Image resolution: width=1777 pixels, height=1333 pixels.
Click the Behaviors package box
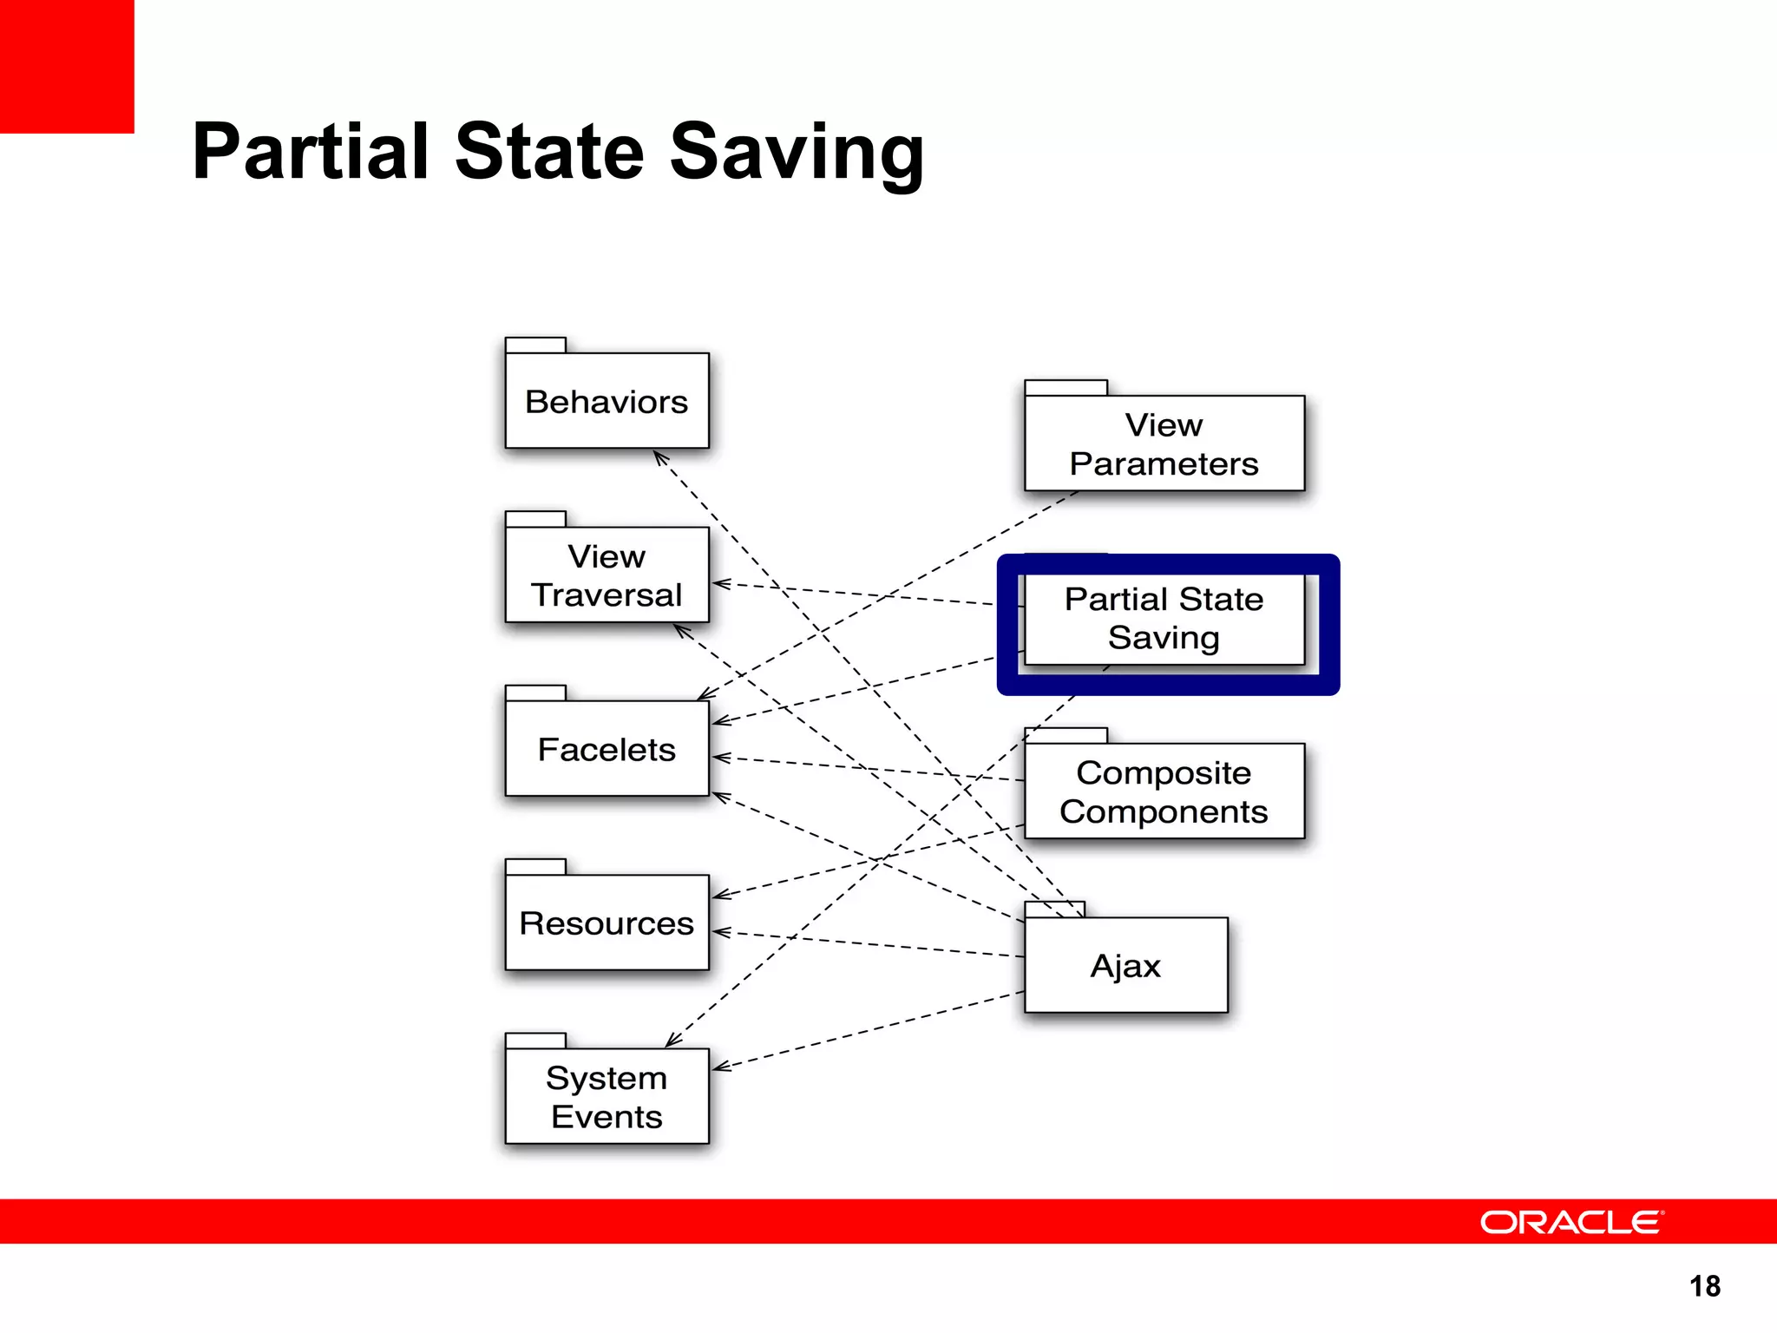[x=607, y=401]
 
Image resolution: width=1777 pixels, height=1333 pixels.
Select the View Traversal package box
[x=607, y=575]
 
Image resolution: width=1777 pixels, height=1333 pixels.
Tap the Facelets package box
[x=607, y=749]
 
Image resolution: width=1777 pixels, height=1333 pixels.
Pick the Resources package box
[x=607, y=923]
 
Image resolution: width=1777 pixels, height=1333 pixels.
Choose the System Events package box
[x=607, y=1096]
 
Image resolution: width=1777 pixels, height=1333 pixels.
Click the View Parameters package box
[x=1164, y=443]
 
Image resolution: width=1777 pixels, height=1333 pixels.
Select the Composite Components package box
[x=1164, y=791]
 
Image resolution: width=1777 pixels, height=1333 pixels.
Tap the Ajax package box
[x=1125, y=965]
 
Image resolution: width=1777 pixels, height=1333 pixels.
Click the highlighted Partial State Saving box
[x=1164, y=618]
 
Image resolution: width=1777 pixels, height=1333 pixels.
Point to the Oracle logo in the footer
[x=1571, y=1222]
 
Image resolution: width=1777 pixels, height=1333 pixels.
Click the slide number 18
[x=1704, y=1285]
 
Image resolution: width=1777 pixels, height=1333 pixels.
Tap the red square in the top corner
[x=67, y=66]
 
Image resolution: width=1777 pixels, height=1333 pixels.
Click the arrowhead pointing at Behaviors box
[x=659, y=457]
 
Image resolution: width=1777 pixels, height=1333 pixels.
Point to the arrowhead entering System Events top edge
[x=672, y=1041]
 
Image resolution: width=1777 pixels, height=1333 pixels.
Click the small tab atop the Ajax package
[x=1054, y=909]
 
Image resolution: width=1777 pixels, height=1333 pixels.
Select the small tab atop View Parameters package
[x=1066, y=388]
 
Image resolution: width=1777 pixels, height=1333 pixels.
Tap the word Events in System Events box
[x=607, y=1117]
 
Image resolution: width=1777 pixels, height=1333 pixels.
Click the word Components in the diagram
[x=1164, y=811]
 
